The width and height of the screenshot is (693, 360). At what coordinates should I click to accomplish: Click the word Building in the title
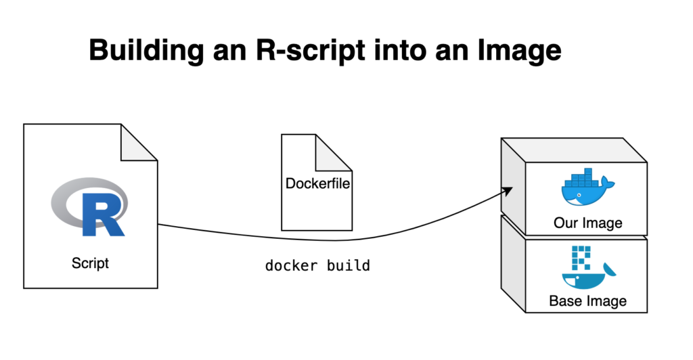pos(146,51)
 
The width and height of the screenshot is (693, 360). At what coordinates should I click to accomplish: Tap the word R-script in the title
pos(311,51)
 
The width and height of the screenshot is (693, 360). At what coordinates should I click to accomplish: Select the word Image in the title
pos(519,51)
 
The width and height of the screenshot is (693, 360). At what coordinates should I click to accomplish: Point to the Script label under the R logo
pos(90,263)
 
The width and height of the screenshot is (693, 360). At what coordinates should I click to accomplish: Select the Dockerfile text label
pos(317,183)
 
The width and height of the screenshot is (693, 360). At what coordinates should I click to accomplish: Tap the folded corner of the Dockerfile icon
pos(334,152)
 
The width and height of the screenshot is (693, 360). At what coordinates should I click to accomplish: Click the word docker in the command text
pos(291,265)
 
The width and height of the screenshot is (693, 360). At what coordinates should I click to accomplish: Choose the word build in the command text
pos(349,265)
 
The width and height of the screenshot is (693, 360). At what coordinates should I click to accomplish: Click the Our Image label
pos(588,223)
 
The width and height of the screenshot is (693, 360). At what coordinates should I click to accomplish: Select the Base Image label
pos(588,301)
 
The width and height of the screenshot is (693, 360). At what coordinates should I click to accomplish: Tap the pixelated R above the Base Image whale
pos(581,258)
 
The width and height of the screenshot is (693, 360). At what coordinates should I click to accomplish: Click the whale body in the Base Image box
pos(583,282)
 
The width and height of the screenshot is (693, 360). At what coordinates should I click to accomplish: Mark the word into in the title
pos(400,51)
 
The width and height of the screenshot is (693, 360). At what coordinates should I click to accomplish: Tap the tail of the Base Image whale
pos(610,269)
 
